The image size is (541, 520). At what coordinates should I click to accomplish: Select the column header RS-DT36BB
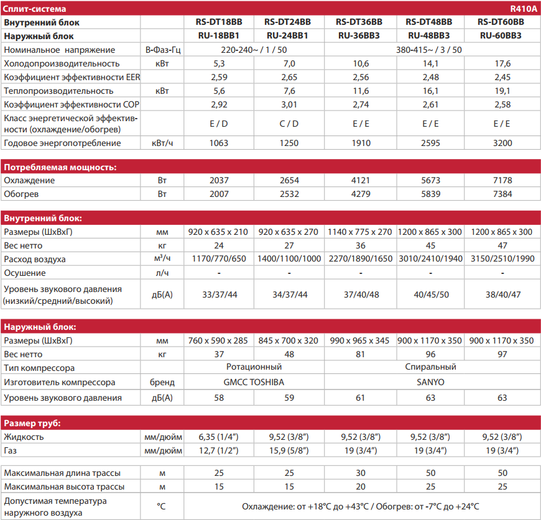pos(359,22)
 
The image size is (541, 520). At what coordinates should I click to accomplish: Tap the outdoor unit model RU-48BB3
pos(430,36)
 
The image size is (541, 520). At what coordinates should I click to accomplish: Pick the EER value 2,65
pos(289,78)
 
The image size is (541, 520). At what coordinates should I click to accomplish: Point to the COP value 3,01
pos(289,104)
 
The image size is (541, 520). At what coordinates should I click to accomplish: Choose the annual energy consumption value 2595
pos(430,144)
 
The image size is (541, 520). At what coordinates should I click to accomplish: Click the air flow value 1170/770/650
pos(218,259)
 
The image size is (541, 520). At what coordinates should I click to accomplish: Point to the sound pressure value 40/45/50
pos(430,294)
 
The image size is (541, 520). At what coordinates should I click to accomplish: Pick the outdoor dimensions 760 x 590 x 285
pos(218,341)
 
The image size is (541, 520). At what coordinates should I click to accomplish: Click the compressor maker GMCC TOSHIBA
pos(254,383)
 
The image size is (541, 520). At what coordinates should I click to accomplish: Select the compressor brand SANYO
pos(430,383)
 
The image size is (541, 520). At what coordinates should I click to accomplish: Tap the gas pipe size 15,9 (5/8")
pos(289,450)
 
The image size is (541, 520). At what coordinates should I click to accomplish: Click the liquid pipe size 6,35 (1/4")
pos(218,437)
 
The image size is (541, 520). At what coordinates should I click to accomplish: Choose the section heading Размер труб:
pos(32,424)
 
